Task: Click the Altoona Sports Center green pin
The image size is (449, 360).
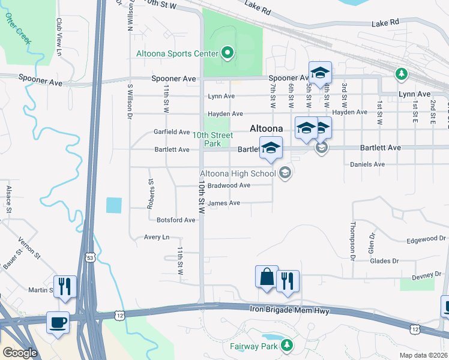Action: (228, 54)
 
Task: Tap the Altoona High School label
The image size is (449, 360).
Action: (237, 174)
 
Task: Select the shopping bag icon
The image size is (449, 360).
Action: (267, 277)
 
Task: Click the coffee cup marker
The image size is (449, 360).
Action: (58, 323)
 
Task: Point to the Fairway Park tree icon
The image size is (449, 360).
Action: (287, 345)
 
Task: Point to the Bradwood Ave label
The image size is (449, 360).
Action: (229, 185)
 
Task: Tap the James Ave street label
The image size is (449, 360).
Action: (224, 203)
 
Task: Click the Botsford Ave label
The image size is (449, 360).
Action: (176, 220)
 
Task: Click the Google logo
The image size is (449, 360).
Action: (20, 353)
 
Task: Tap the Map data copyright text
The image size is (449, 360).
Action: (423, 355)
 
